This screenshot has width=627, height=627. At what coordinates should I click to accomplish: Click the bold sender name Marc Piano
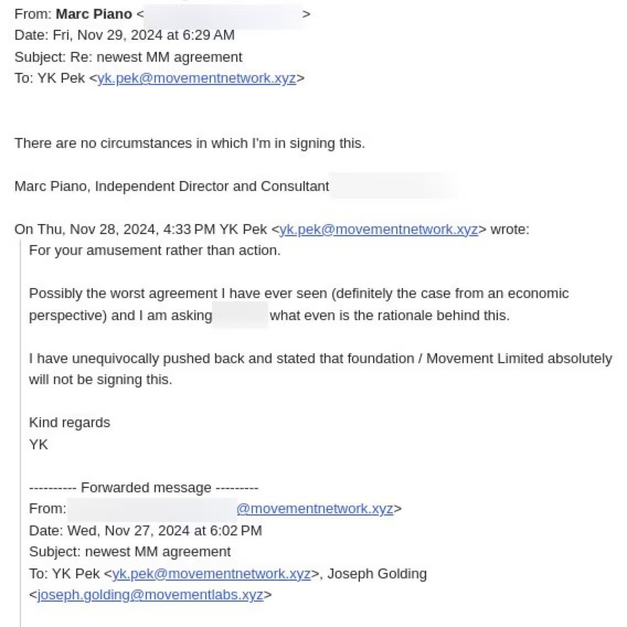click(94, 14)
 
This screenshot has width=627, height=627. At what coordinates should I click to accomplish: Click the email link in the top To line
click(196, 78)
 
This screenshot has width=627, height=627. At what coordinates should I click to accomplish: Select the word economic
click(538, 294)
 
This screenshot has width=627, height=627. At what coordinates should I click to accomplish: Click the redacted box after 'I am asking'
click(240, 316)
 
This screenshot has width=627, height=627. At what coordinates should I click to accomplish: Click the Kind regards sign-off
click(70, 423)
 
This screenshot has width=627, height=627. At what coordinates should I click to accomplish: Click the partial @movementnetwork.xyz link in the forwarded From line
click(315, 509)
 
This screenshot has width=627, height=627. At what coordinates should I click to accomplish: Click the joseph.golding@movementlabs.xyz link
click(150, 595)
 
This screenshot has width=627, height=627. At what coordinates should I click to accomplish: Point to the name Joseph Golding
click(377, 574)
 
